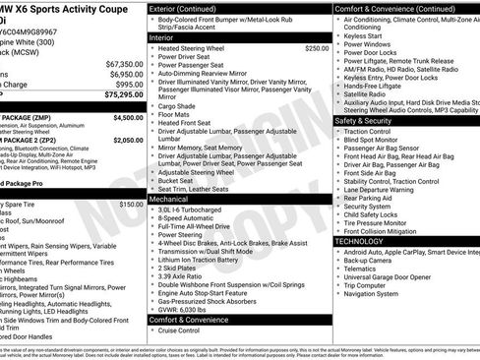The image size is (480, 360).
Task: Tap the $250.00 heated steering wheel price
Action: pyautogui.click(x=317, y=47)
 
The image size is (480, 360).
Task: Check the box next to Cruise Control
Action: pyautogui.click(x=152, y=331)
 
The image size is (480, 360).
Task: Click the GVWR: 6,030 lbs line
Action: pyautogui.click(x=187, y=307)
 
